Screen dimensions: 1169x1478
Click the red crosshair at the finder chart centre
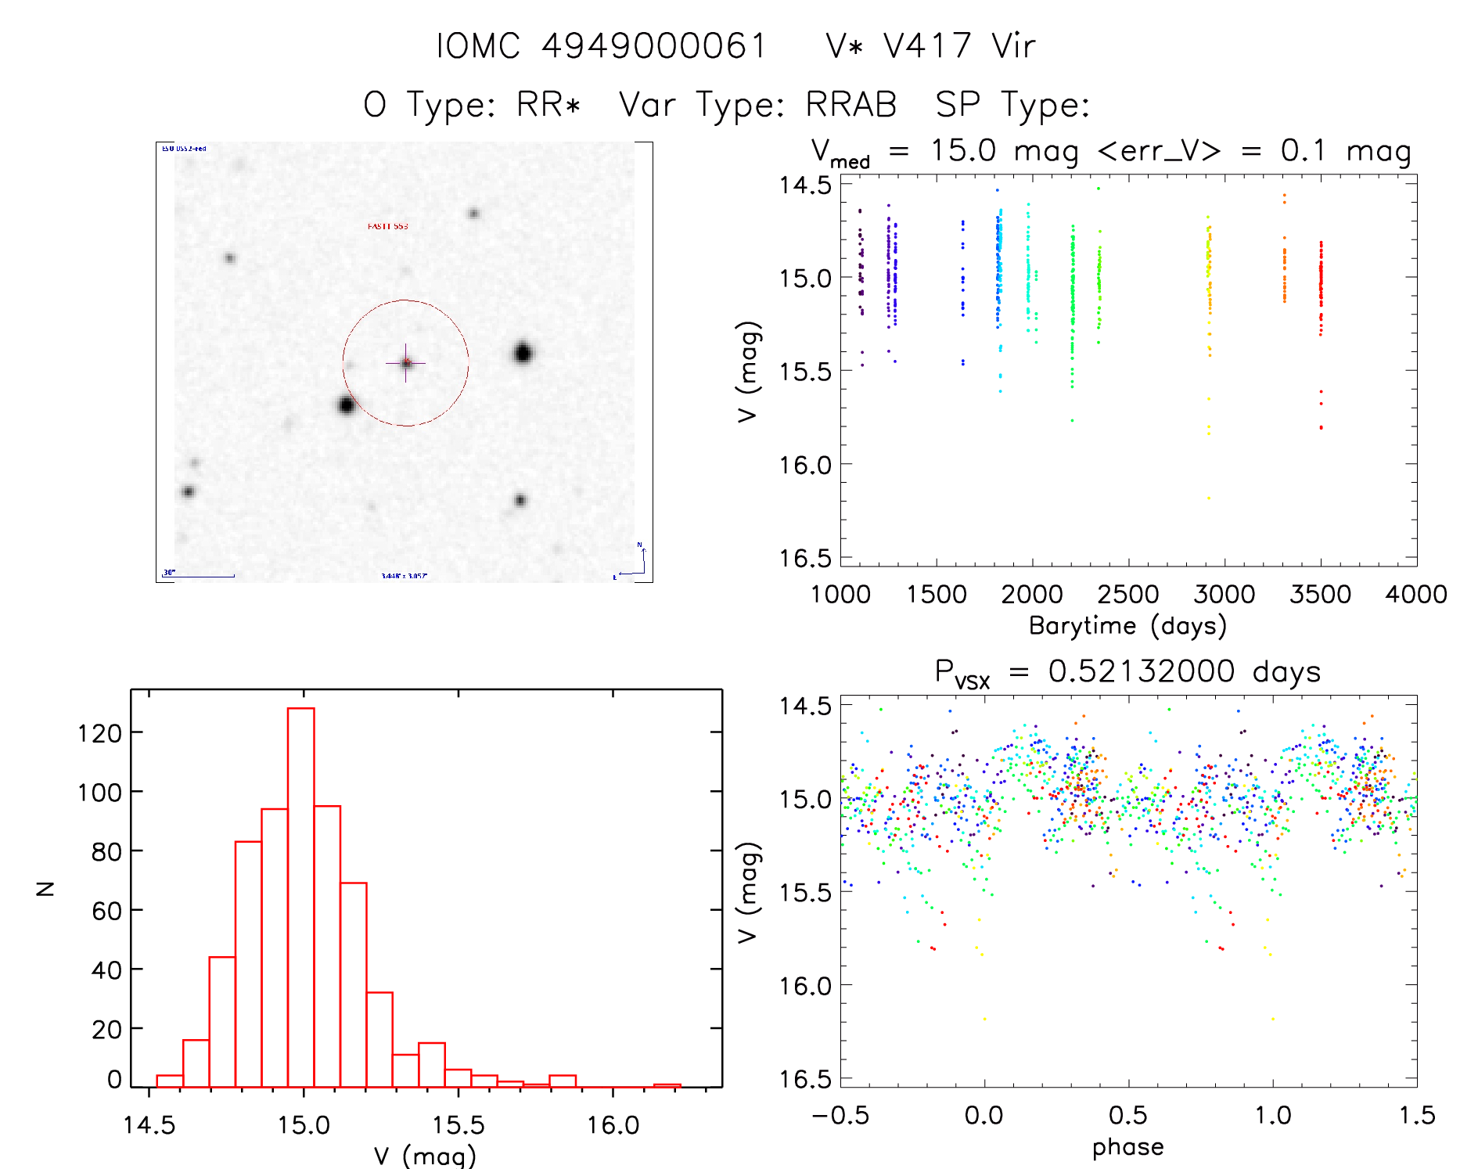click(x=405, y=363)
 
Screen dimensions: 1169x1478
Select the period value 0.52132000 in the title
click(x=1142, y=671)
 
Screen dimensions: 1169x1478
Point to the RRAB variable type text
click(x=851, y=105)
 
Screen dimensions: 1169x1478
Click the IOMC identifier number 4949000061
click(x=654, y=46)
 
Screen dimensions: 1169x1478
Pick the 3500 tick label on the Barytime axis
click(x=1320, y=595)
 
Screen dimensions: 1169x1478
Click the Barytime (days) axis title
click(x=1127, y=626)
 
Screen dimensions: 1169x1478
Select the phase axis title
click(x=1127, y=1147)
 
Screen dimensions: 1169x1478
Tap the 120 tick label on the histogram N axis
click(x=100, y=733)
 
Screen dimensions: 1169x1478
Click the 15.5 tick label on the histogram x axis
click(x=458, y=1125)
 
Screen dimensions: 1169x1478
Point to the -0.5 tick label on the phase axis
click(x=840, y=1116)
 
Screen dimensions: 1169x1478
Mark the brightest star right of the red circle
click(x=523, y=353)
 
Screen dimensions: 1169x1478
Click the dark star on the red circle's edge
click(x=347, y=405)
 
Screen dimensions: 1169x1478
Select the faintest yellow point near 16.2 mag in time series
click(x=1209, y=498)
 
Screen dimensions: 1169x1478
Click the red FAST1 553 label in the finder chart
click(x=388, y=226)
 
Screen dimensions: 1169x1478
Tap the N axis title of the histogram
click(x=46, y=888)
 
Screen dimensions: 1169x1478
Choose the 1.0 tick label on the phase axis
click(x=1273, y=1116)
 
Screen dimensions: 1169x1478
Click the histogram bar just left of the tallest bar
click(x=275, y=947)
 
